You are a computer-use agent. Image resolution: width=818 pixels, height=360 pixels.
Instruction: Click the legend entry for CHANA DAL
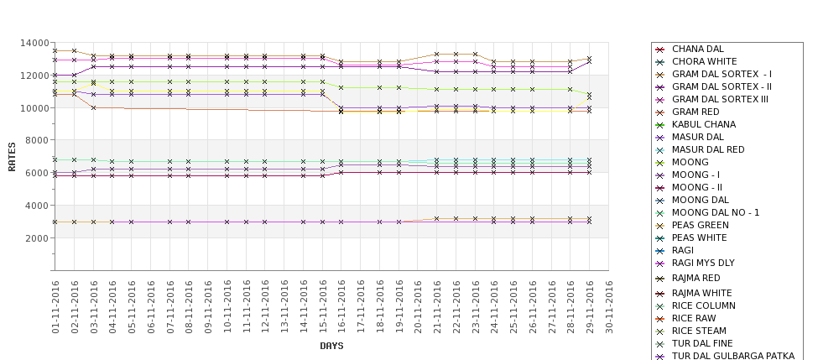pos(697,50)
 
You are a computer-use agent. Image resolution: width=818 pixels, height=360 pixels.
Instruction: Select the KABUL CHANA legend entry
pos(704,125)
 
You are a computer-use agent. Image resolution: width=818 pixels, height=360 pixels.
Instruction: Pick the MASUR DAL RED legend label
pos(709,150)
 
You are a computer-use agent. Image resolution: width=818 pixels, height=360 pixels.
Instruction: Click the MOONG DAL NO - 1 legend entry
pos(716,213)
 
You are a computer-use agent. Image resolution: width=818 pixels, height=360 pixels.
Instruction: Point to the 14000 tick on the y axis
pos(34,43)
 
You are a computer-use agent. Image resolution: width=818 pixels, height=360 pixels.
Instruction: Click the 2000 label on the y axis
pos(37,238)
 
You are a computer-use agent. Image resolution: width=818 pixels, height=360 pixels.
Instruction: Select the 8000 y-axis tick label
pos(37,140)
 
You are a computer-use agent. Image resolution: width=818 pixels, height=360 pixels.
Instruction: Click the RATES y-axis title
pos(12,157)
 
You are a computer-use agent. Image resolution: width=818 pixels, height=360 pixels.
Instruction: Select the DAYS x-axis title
pos(331,346)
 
